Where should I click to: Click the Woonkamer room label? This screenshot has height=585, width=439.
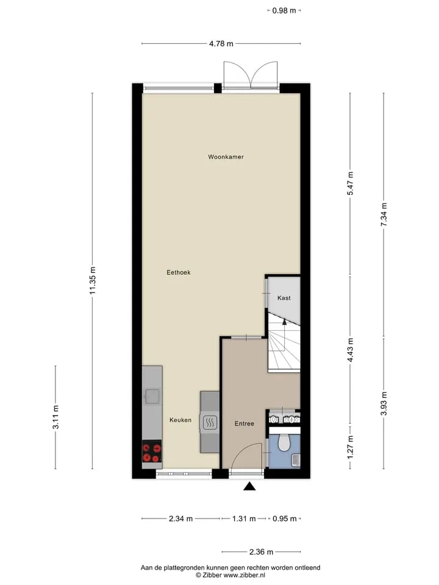226,157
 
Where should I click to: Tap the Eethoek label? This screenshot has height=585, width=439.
179,272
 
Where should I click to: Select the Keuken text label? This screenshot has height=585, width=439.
180,420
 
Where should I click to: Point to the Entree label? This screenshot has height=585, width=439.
244,424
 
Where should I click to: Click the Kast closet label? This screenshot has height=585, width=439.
284,298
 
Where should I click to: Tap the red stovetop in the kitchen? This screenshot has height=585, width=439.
152,452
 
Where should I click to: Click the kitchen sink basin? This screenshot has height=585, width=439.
152,397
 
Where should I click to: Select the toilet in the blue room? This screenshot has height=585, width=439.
285,442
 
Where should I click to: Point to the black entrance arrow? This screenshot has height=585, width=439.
249,486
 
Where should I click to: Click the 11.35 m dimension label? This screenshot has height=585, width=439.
93,280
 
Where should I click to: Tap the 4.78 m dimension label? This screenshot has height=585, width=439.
221,44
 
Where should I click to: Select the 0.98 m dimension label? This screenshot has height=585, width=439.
284,10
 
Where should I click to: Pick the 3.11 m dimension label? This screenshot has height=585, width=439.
55,417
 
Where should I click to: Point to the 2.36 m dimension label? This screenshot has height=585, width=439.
262,552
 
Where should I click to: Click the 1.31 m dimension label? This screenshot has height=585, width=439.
244,519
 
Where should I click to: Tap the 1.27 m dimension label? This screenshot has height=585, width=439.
350,447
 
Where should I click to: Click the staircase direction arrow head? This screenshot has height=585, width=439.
284,321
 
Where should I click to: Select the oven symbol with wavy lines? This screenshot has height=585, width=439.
209,423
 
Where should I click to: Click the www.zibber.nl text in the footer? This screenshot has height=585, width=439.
244,575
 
